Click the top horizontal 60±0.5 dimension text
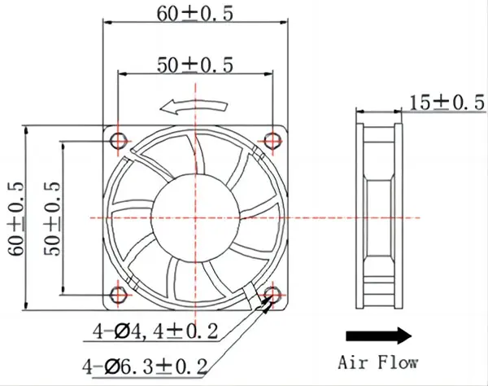[195, 12]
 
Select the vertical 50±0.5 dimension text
[52, 217]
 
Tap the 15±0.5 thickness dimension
[441, 103]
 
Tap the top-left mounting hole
[120, 141]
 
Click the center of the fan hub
[195, 217]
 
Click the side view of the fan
[379, 217]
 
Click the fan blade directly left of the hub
[134, 213]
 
